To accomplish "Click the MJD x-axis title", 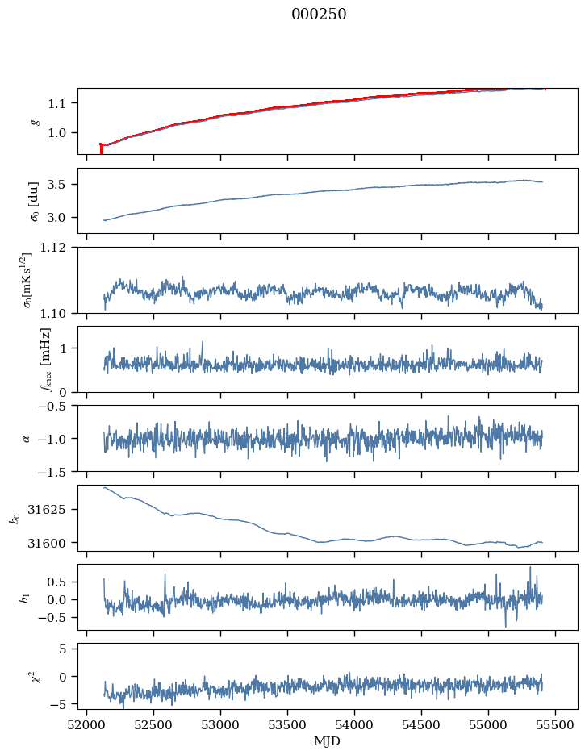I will point(328,741).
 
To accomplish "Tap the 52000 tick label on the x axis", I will point(87,725).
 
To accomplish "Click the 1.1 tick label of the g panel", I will point(61,103).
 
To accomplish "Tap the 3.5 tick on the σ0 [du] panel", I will point(61,185).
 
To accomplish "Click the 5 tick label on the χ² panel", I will point(69,649).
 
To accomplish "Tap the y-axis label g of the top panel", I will point(35,121).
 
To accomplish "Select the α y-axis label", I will point(27,438).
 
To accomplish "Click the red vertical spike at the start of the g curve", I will point(101,148).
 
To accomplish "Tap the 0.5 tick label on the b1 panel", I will point(61,582).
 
